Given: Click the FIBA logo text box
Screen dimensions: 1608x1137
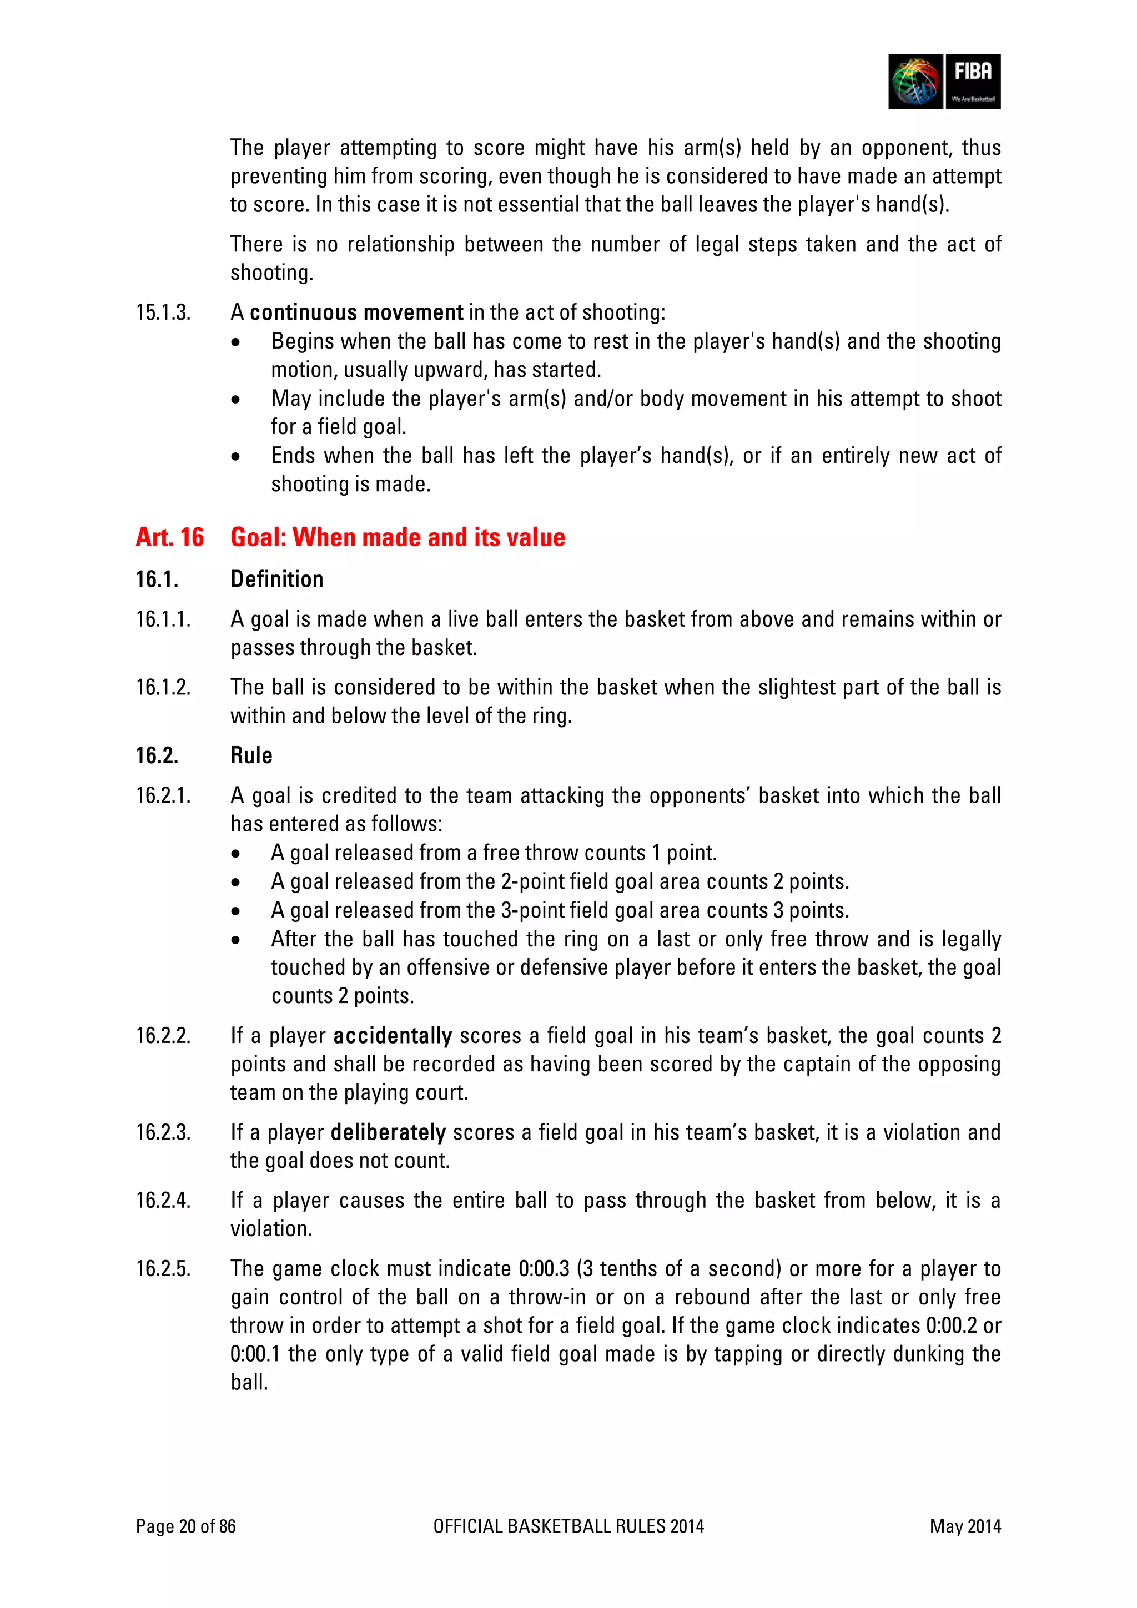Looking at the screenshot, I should (x=972, y=80).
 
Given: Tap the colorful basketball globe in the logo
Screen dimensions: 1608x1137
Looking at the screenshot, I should (x=915, y=81).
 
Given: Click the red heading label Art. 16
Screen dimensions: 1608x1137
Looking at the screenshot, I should (x=169, y=537).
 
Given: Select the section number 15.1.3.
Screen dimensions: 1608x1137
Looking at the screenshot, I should (x=163, y=312).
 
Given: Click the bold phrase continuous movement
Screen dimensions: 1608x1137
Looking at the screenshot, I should (x=356, y=312).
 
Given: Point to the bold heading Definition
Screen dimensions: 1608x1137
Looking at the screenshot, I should (x=276, y=579).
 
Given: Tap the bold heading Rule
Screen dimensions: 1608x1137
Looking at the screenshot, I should (x=251, y=755).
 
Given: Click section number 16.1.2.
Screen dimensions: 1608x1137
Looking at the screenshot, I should (x=163, y=687).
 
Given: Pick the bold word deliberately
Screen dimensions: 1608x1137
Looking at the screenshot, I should (x=388, y=1132).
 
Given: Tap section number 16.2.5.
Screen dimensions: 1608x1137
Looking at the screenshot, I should (x=163, y=1268).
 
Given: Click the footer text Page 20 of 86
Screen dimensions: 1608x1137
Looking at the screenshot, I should (x=185, y=1526).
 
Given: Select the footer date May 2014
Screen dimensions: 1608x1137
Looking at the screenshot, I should (x=965, y=1526).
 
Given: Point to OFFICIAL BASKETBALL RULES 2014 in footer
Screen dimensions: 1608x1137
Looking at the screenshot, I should (x=568, y=1526).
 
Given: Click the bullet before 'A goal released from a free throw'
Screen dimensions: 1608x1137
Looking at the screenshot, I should (x=236, y=854).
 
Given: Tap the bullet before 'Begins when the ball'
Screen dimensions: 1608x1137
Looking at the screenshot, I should (x=236, y=342).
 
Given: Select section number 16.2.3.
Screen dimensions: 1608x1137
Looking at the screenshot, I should (x=163, y=1132).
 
